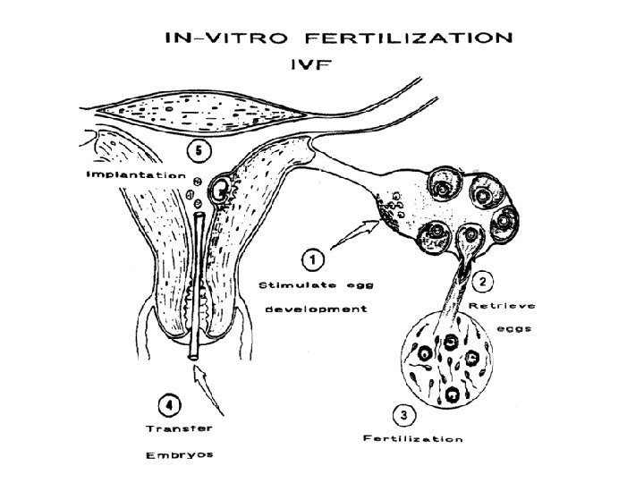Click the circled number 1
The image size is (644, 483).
click(x=312, y=259)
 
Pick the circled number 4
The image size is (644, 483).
click(x=167, y=404)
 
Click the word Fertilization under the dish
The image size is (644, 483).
click(x=412, y=438)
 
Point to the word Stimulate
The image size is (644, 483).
click(x=293, y=284)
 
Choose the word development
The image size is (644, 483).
click(x=312, y=309)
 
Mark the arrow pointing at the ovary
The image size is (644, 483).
click(x=353, y=234)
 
